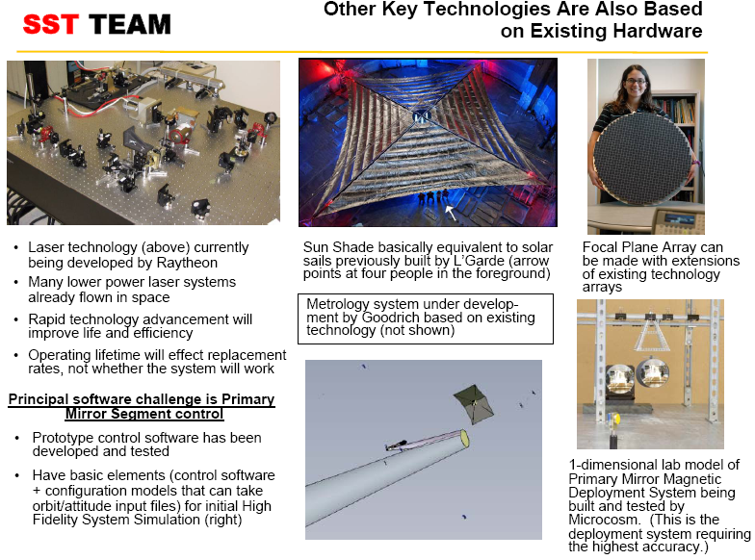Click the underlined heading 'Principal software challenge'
point(141,399)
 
